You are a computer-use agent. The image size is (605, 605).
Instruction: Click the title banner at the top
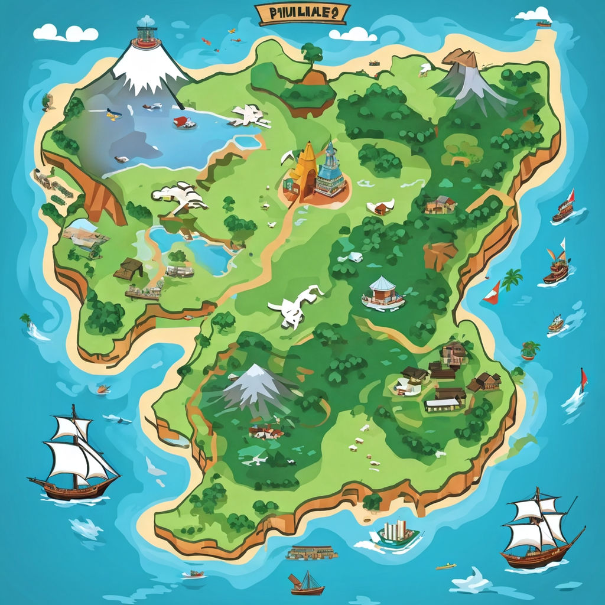[302, 14]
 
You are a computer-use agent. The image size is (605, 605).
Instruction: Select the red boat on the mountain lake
[184, 122]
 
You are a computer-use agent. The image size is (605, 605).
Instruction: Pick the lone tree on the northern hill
[311, 55]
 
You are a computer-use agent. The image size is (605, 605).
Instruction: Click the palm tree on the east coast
[512, 278]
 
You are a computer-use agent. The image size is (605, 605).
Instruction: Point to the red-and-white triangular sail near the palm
[492, 294]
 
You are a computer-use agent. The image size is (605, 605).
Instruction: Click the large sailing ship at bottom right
[539, 529]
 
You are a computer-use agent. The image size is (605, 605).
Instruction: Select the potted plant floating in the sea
[529, 350]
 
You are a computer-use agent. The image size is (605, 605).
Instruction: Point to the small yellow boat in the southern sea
[446, 566]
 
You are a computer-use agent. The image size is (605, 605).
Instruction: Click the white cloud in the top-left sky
[65, 32]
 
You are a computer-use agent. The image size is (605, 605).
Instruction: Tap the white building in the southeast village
[443, 404]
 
